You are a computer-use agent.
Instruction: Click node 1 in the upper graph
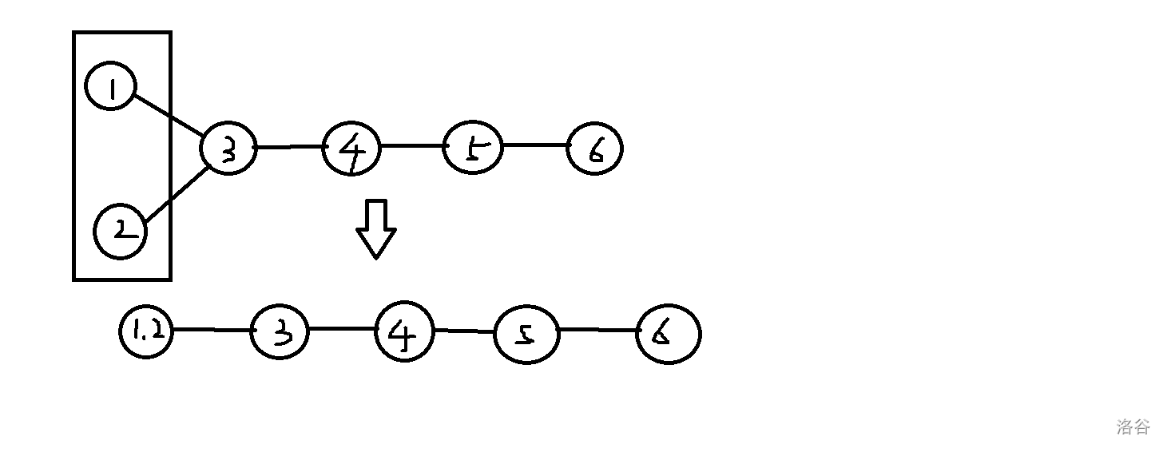(111, 87)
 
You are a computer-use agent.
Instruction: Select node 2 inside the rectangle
(121, 232)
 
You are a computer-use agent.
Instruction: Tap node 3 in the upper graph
(228, 149)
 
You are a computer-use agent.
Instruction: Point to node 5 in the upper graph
(473, 148)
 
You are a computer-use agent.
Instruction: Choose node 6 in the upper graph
(594, 149)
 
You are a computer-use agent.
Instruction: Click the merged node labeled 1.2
(146, 331)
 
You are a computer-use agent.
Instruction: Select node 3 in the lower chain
(280, 331)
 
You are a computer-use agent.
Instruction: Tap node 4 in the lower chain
(404, 331)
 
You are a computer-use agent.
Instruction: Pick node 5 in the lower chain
(526, 335)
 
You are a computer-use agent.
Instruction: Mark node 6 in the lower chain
(668, 334)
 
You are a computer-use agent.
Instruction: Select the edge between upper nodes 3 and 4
(290, 147)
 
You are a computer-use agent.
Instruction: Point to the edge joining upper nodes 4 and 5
(412, 146)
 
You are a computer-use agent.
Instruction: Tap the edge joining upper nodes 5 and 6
(534, 145)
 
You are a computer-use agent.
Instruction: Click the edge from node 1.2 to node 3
(212, 329)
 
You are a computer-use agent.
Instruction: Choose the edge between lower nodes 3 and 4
(342, 328)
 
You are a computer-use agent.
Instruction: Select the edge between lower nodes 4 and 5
(465, 331)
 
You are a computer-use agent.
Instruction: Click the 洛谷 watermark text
(1133, 426)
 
